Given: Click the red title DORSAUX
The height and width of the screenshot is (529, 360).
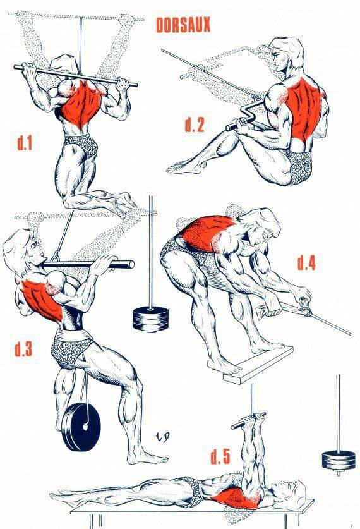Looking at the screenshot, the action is [183, 25].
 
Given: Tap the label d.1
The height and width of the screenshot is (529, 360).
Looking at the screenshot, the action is [24, 143].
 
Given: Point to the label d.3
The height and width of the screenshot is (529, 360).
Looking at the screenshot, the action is [23, 349].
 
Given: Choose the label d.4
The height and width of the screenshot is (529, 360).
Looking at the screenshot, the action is [306, 263].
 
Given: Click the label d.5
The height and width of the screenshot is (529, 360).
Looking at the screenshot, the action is [220, 456].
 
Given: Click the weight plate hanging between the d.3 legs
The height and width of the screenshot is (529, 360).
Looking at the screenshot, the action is [80, 427].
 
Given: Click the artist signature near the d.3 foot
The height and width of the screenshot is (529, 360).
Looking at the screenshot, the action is [162, 436].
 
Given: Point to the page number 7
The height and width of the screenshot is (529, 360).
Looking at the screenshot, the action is [351, 526].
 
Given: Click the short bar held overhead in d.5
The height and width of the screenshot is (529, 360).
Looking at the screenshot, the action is [248, 421].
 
